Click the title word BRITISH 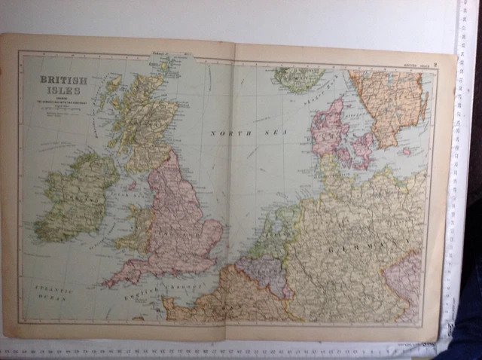(x=63, y=79)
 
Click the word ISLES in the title (x=63, y=90)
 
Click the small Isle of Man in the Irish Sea (x=132, y=185)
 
